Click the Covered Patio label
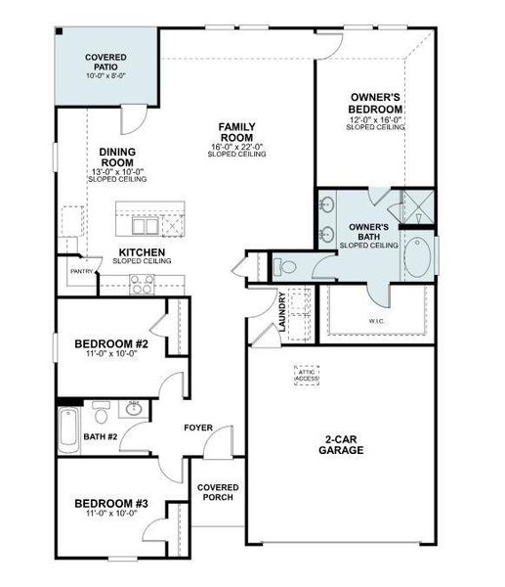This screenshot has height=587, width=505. coord(105,63)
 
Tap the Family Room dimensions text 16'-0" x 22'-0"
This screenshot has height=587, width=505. coord(236,148)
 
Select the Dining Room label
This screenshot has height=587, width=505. coord(117,158)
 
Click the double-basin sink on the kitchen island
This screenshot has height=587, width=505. coord(147,227)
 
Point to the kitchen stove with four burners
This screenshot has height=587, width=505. coord(143,286)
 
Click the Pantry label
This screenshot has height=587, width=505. coord(79,273)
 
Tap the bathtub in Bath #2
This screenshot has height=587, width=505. coord(69,430)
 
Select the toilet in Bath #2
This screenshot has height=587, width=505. coord(100,409)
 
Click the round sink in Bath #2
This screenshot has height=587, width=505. coord(135,409)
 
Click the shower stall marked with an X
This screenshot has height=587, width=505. coord(421,207)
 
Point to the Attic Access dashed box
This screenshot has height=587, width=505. coord(307,376)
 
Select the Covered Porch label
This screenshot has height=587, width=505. coord(218,492)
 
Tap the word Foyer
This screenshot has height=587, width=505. coord(198,428)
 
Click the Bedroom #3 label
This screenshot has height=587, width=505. coord(111,504)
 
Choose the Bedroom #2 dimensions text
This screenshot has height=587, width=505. coord(111,355)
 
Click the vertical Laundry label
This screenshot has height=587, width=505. coord(281,312)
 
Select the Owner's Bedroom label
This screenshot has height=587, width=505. coord(376,103)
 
